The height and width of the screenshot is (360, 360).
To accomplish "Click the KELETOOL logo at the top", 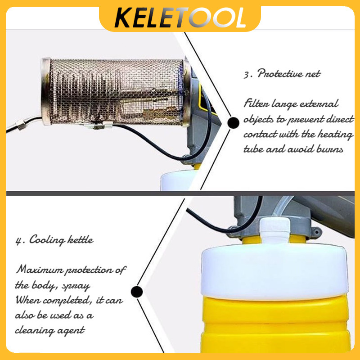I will (180, 17).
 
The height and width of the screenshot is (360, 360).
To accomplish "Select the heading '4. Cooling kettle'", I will (54, 240).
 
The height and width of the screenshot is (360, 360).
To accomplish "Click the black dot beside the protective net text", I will (233, 122).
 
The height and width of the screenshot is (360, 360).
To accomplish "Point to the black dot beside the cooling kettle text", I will (137, 292).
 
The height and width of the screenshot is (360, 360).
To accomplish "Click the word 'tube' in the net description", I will (254, 149).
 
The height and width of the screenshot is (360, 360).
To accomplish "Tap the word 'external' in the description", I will (319, 104).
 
